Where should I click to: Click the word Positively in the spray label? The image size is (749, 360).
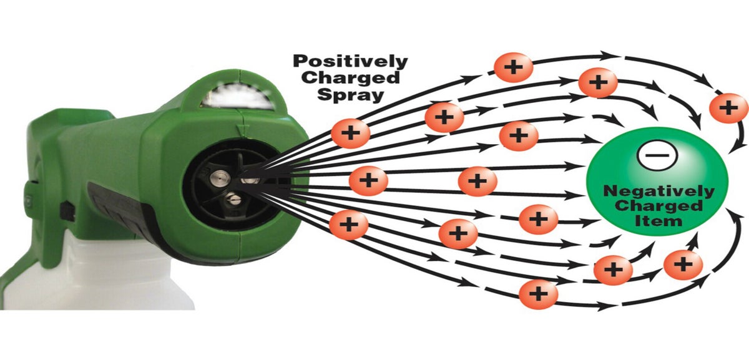351,62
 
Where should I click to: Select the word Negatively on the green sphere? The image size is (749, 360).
650,192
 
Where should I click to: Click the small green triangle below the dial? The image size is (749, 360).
243,130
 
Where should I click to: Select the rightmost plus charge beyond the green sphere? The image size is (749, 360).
728,107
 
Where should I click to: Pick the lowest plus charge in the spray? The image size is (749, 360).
538,292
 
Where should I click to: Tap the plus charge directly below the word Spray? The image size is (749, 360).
350,132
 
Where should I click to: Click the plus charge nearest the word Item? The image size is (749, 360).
683,264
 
